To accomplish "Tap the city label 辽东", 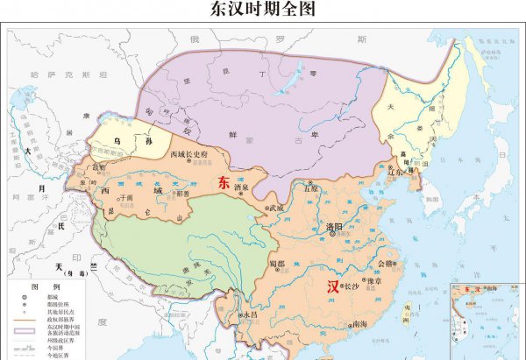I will pos(395,172).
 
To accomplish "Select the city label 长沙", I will pos(350,286).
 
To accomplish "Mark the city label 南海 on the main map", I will pos(359,324).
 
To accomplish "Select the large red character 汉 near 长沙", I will pos(333,286).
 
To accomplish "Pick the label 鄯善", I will pos(183,193).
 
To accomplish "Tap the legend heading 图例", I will pos(45,286).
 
